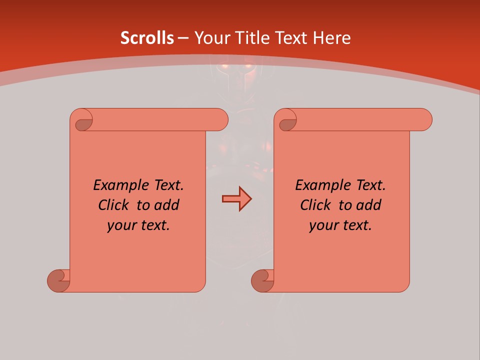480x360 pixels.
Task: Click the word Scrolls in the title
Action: [x=147, y=38]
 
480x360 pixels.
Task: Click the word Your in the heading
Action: [x=212, y=38]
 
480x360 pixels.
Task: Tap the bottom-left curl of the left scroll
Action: [x=58, y=280]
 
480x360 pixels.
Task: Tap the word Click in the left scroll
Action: [x=109, y=205]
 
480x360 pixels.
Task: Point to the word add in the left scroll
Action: [x=166, y=205]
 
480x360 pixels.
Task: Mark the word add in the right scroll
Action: [x=369, y=205]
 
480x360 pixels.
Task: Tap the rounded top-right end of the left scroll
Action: [x=220, y=120]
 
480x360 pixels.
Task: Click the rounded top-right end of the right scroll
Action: [x=424, y=120]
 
